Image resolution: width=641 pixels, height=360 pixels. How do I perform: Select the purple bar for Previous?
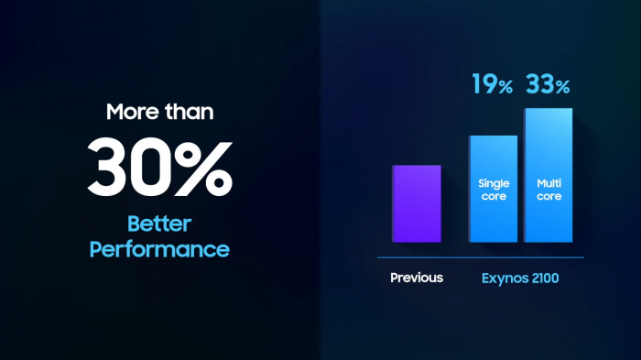point(417,203)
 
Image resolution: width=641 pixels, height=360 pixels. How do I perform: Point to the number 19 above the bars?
point(483,85)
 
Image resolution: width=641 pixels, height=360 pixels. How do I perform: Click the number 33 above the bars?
point(538,85)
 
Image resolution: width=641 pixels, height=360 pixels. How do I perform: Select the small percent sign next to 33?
point(562,88)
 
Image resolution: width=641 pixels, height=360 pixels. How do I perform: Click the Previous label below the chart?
point(417,278)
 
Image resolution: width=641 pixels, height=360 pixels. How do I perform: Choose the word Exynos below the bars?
point(505,278)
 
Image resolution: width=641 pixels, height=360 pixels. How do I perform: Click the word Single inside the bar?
point(494,184)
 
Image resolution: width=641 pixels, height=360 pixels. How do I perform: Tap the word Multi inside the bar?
point(549,184)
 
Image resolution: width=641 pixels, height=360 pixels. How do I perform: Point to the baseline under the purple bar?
point(417,246)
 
